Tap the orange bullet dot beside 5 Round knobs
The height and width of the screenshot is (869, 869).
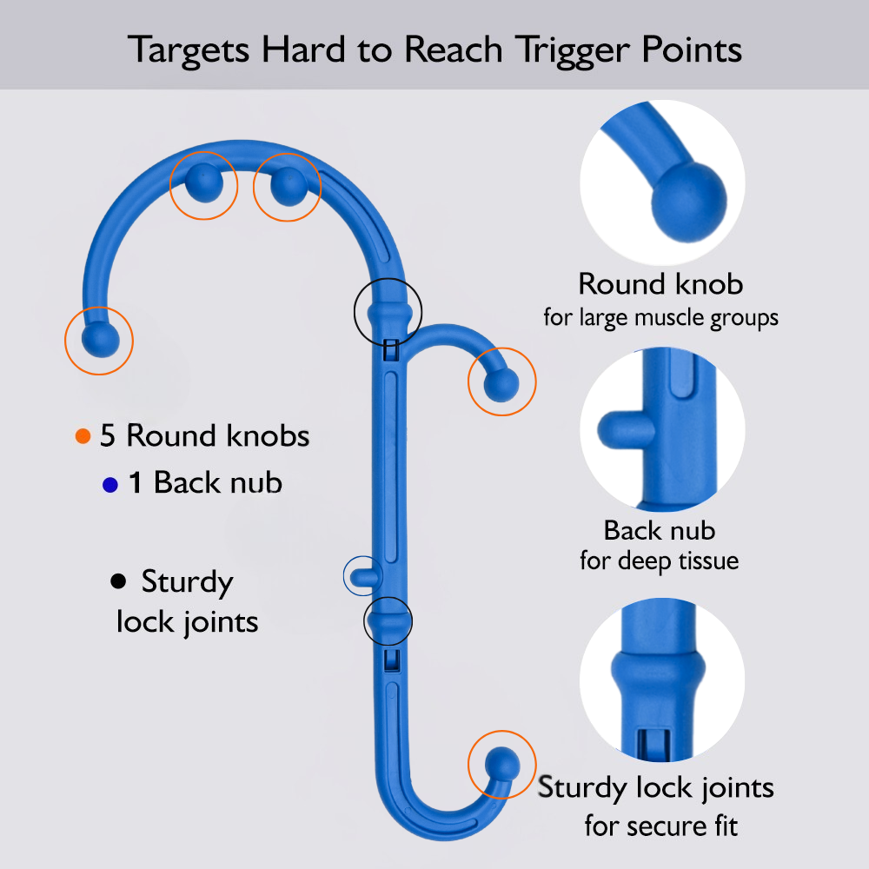[83, 436]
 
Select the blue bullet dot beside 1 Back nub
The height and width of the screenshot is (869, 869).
[109, 485]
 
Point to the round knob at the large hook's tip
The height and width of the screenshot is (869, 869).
[99, 340]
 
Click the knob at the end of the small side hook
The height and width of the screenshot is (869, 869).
[501, 383]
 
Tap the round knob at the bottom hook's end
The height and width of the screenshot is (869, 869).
[501, 765]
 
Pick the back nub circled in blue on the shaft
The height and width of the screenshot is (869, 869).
[362, 574]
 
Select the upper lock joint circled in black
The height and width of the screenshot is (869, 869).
[388, 311]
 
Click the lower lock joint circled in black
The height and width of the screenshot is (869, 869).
[388, 620]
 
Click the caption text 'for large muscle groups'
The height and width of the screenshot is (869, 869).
[660, 317]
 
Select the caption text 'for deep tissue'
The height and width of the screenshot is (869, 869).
[659, 561]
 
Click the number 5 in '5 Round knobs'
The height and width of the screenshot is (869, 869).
[108, 435]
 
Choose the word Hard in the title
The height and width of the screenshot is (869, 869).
[300, 50]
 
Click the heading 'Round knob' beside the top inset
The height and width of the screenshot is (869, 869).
[660, 284]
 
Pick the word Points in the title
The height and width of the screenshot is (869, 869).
[691, 50]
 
